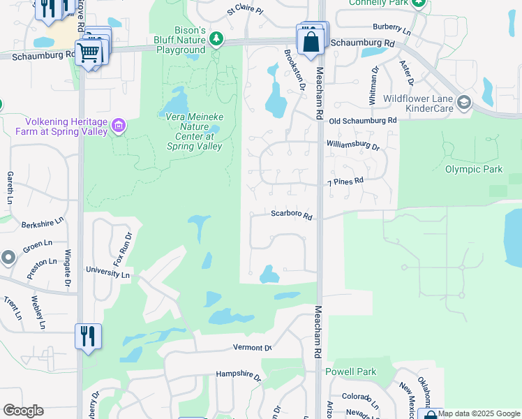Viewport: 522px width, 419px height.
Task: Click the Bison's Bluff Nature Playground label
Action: pos(180,41)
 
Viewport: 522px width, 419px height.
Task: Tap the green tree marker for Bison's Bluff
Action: pos(217,38)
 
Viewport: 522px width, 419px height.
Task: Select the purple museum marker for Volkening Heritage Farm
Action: pos(118,126)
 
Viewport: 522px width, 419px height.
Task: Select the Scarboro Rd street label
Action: pos(291,216)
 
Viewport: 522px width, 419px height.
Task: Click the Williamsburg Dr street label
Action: pos(353,147)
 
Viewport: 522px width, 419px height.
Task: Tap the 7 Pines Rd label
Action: pos(346,182)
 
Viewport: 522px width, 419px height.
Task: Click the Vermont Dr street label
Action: pos(252,348)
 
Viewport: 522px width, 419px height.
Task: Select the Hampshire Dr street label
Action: pos(238,375)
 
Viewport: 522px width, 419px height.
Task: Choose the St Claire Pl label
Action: pos(245,12)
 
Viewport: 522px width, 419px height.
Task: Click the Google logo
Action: pos(23,411)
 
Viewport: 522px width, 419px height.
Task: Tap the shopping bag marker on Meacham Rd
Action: pos(311,41)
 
